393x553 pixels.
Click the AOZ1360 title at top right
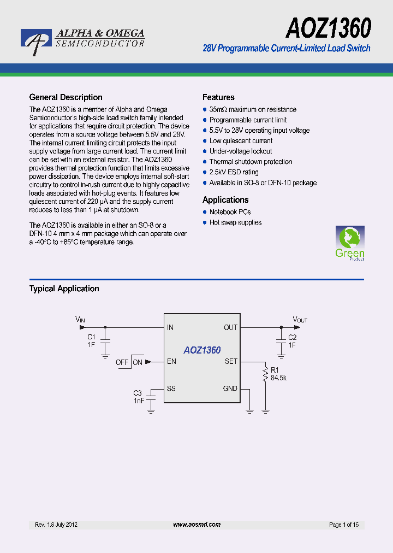[x=328, y=27]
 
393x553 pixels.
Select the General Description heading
[x=65, y=97]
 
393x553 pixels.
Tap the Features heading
[x=218, y=97]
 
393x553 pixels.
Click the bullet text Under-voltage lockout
[x=241, y=151]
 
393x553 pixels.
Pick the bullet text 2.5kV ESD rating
[x=234, y=172]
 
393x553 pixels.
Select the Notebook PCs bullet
[x=230, y=212]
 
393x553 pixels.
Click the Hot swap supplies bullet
[x=235, y=222]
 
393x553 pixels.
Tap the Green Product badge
[x=350, y=243]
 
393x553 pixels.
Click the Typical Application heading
[x=64, y=289]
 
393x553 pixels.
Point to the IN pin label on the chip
[x=170, y=327]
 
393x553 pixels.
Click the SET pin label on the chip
[x=231, y=362]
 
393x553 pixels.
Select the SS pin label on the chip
[x=171, y=389]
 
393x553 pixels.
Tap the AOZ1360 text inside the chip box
[x=202, y=350]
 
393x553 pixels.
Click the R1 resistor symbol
[x=266, y=375]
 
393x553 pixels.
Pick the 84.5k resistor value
[x=279, y=378]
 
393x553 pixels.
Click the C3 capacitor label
[x=138, y=393]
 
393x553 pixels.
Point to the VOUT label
[x=300, y=320]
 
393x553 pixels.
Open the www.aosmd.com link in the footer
[x=196, y=525]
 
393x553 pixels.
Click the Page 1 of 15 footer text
[x=344, y=525]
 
